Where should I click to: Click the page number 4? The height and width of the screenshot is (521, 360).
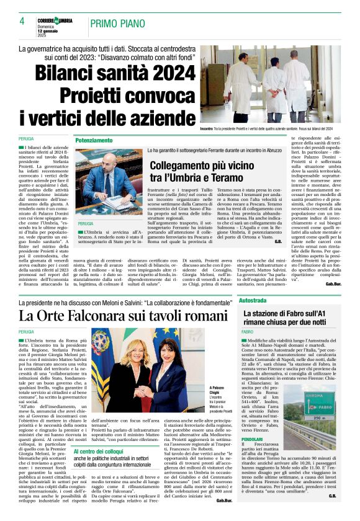(x=22, y=22)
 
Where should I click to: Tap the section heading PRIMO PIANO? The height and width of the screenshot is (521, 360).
(x=119, y=22)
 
